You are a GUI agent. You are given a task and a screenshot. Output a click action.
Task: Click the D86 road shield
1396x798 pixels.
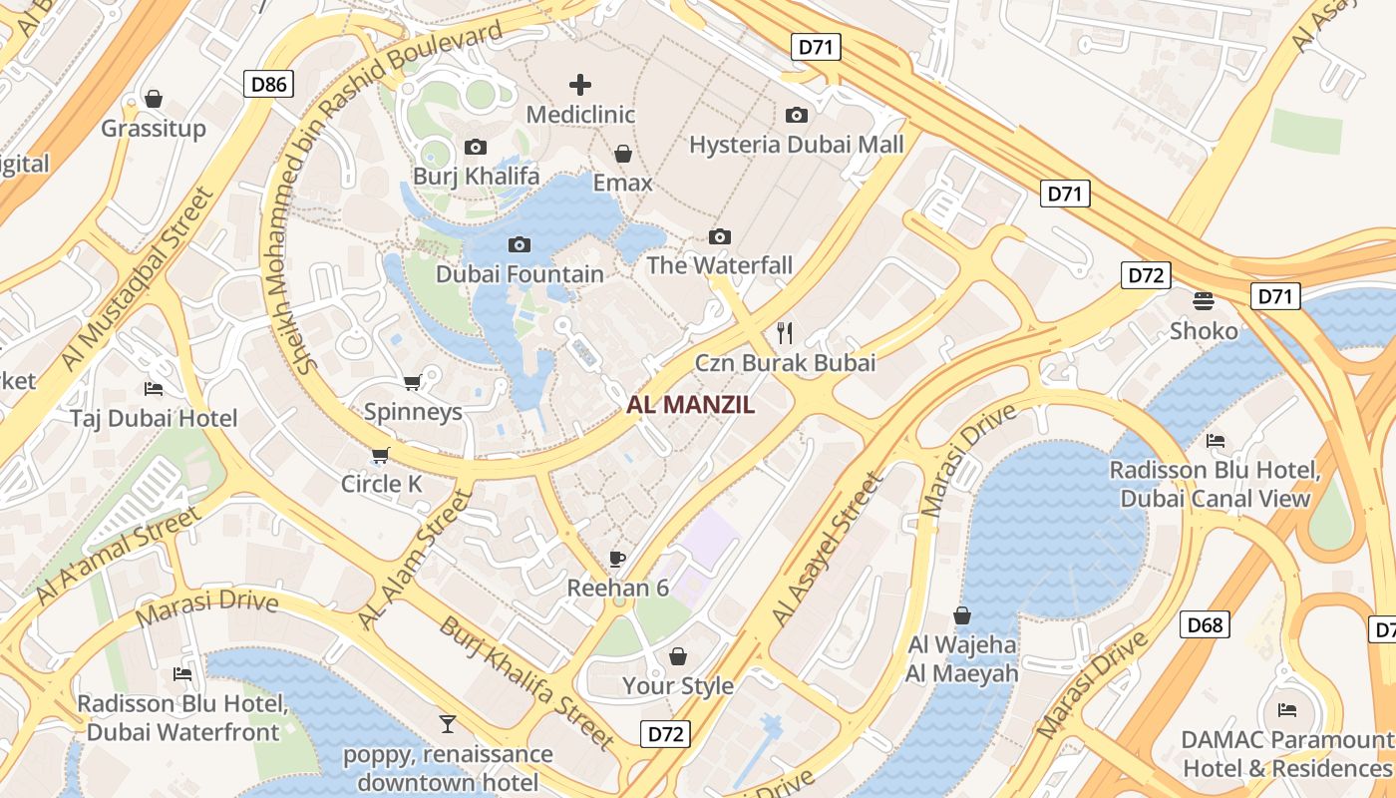[269, 84]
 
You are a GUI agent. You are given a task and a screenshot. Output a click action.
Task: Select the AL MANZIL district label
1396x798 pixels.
[690, 405]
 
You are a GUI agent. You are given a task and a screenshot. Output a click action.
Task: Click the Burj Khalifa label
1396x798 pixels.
[477, 177]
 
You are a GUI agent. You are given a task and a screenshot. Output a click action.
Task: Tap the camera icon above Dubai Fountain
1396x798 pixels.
[520, 244]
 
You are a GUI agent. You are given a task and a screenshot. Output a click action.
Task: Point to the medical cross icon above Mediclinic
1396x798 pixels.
[579, 85]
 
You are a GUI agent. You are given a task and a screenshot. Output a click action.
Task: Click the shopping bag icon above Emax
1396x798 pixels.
[623, 154]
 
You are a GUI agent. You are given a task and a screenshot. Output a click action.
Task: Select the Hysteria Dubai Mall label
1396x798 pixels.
[797, 145]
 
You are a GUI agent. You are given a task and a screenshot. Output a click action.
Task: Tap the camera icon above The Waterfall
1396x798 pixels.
[720, 236]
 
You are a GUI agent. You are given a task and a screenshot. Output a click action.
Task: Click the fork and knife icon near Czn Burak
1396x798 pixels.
[785, 332]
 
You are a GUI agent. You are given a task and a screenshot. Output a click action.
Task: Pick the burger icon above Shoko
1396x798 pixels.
[1204, 301]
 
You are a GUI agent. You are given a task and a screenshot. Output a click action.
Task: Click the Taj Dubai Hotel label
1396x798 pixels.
[154, 418]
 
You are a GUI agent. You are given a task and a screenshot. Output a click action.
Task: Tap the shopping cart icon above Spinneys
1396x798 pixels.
[412, 382]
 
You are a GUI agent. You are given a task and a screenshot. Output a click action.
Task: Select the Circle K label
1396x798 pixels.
[382, 485]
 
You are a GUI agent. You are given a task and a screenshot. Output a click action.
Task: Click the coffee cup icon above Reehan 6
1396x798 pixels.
[617, 558]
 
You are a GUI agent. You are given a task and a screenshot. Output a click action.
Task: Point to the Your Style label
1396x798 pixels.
[678, 686]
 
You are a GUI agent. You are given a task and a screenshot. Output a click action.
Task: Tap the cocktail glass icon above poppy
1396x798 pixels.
[448, 723]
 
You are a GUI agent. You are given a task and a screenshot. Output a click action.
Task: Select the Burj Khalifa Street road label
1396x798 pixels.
[526, 683]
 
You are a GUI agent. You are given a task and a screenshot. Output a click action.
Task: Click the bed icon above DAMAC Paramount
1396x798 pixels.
[1287, 709]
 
